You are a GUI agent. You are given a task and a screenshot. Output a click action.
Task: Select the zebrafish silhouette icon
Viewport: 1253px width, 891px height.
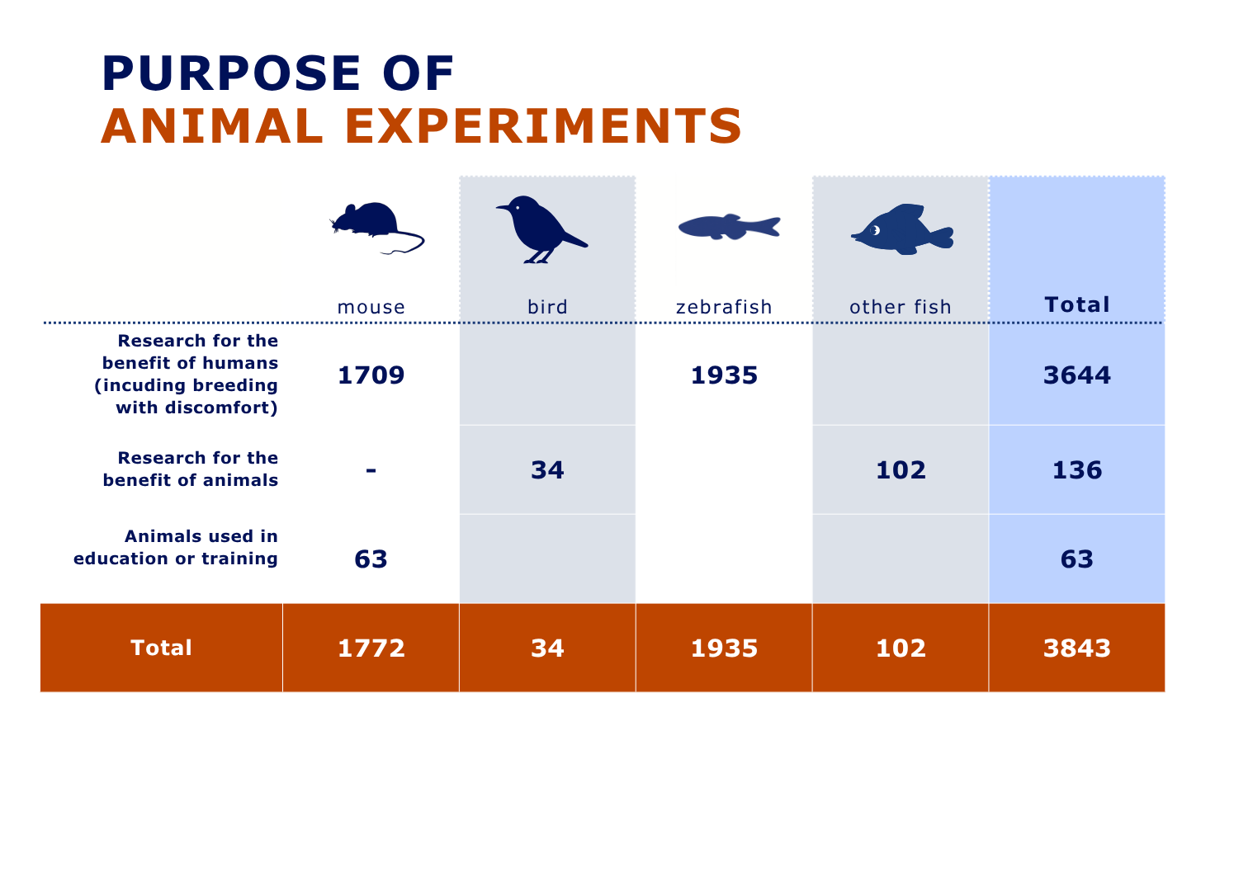(x=729, y=227)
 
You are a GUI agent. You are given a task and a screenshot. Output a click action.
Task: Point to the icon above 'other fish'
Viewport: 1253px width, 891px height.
(x=902, y=229)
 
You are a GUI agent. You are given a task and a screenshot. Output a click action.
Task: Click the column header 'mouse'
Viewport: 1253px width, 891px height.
(x=371, y=307)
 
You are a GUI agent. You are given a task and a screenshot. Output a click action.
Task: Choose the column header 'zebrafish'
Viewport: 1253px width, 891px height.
(x=724, y=307)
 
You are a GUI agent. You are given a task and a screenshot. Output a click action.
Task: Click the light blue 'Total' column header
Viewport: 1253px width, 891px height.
(x=1077, y=304)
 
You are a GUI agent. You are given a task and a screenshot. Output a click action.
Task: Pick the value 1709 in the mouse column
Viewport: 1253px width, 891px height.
(x=371, y=375)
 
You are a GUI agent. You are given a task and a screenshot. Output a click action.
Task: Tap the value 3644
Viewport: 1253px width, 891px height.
(x=1077, y=375)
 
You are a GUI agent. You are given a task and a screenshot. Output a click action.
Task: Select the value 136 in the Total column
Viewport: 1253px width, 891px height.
(x=1077, y=470)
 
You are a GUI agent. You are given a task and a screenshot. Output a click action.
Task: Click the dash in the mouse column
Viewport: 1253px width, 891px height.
(x=371, y=470)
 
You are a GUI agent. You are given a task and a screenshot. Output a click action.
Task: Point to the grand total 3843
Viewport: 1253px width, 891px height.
(x=1077, y=648)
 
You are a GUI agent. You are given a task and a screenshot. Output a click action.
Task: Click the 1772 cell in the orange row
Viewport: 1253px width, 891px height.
(x=371, y=648)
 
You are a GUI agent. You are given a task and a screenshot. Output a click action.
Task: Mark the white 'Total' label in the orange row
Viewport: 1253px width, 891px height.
(x=161, y=648)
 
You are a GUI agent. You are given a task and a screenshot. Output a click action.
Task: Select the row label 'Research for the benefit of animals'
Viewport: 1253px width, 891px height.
(x=191, y=469)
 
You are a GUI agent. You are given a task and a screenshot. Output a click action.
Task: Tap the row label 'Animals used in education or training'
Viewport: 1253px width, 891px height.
(x=176, y=547)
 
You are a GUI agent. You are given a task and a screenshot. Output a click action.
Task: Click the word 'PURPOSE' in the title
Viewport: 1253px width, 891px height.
(x=231, y=73)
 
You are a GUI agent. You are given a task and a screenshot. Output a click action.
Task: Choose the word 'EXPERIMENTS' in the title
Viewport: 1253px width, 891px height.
(x=543, y=126)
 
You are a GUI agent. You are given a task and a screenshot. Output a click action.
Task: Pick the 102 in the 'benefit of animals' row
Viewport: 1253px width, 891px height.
(x=901, y=470)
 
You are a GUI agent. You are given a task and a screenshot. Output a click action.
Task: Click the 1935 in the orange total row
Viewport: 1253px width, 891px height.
(x=724, y=648)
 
